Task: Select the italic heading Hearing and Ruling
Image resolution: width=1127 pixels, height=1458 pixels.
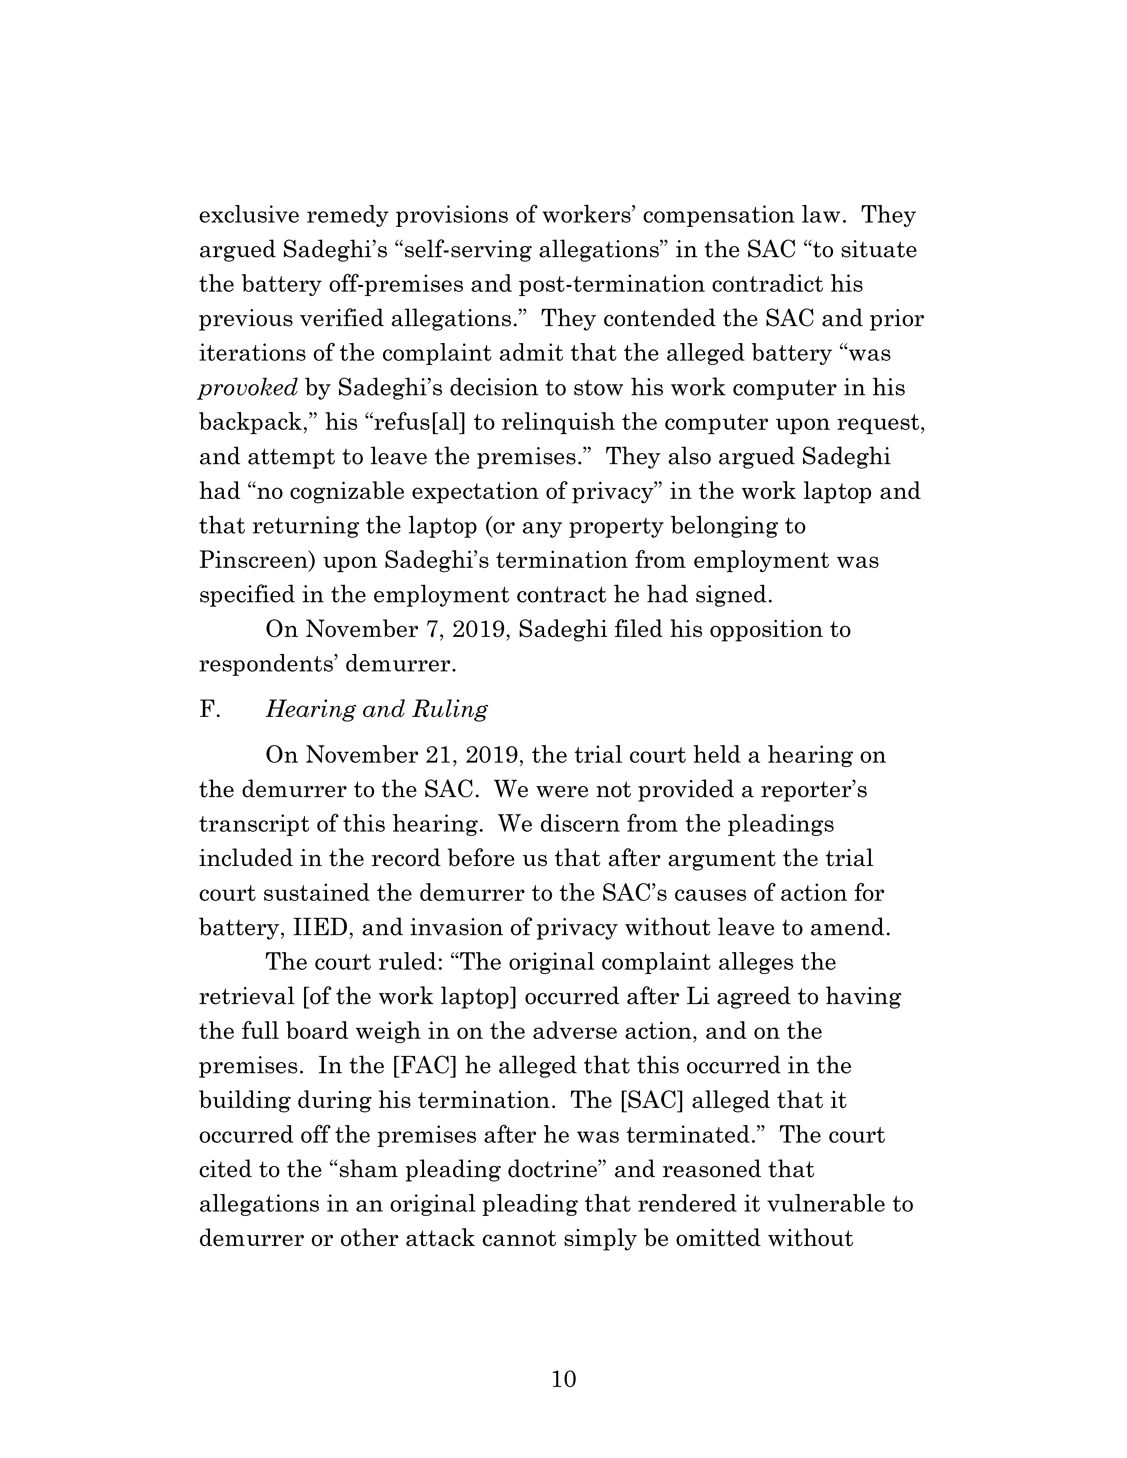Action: pos(377,709)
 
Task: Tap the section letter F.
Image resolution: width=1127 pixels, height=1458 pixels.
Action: pos(209,709)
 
